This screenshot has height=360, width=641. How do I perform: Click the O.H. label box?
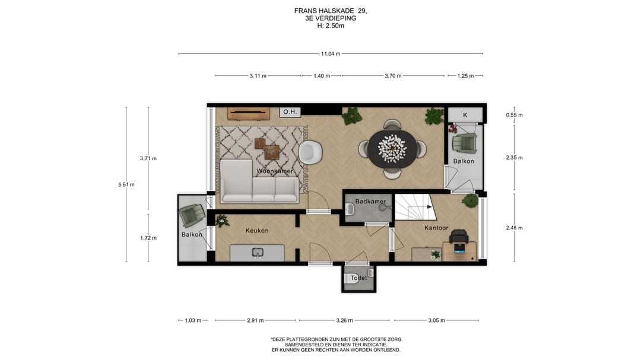(x=290, y=111)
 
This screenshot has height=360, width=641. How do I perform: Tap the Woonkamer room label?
(x=275, y=171)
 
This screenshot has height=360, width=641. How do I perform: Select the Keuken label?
(x=257, y=231)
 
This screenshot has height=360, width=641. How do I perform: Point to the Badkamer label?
(x=370, y=202)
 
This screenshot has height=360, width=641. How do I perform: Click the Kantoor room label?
(x=436, y=228)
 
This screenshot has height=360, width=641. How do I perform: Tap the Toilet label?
(x=359, y=278)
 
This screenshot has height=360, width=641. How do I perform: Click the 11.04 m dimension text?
(x=331, y=53)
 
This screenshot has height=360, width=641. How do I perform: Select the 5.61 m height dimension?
(x=126, y=184)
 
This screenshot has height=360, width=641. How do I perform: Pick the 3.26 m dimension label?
(x=344, y=320)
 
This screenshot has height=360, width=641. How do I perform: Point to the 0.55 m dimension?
(x=514, y=115)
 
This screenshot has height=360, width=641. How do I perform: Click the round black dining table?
(x=392, y=148)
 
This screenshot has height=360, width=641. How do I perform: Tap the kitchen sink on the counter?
(x=257, y=253)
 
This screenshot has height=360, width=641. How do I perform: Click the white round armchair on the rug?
(x=310, y=152)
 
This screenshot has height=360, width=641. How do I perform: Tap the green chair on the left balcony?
(x=192, y=215)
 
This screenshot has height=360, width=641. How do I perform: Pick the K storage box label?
(x=465, y=115)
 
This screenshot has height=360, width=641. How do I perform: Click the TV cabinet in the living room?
(x=249, y=114)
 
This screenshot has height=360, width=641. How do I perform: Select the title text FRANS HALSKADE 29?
(x=331, y=11)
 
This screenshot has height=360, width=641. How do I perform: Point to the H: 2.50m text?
(x=331, y=26)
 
